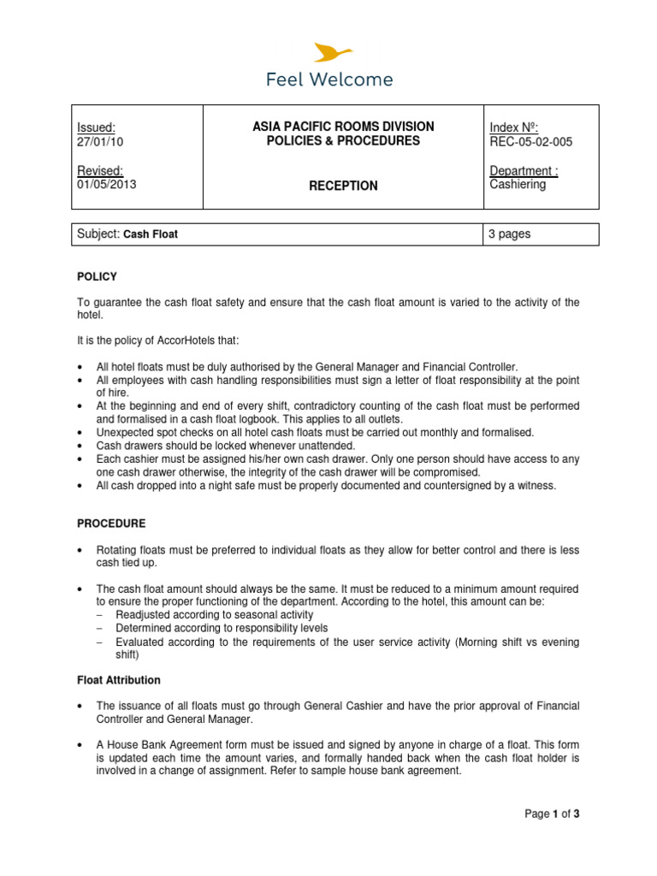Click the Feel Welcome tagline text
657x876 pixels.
click(328, 80)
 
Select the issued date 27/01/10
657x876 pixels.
click(100, 142)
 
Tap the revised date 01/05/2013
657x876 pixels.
click(106, 184)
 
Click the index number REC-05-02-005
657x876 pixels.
click(531, 142)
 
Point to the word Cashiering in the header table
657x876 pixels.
click(518, 184)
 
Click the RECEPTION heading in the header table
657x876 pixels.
click(343, 186)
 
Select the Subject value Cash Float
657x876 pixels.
click(151, 234)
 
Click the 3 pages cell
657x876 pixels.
click(510, 234)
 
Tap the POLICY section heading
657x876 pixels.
click(97, 276)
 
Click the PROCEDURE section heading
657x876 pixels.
click(111, 523)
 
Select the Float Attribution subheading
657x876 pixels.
click(118, 680)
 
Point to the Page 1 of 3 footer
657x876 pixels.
click(553, 814)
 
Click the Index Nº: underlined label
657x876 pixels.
click(513, 127)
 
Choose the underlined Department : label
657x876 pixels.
click(524, 170)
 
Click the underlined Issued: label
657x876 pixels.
click(96, 127)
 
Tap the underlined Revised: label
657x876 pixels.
click(100, 170)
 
